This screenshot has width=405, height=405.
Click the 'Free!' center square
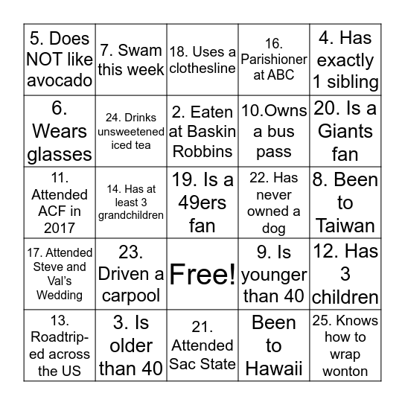coord(202,274)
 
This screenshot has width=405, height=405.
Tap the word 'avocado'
coord(60,82)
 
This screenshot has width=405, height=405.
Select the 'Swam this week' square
coord(132,60)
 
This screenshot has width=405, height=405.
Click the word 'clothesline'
coord(202,68)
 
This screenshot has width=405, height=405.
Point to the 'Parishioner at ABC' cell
coord(274,60)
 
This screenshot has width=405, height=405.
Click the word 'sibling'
coord(345,82)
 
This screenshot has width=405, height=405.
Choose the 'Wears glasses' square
coord(60,131)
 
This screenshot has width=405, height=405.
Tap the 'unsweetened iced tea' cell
coord(132,131)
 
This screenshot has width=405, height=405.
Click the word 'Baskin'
coord(202,131)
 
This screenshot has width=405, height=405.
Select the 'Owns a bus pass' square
coord(274,131)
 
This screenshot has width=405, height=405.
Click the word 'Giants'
coord(345,131)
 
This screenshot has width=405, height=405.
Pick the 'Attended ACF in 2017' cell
coord(60,202)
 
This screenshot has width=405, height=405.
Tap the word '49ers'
coord(202,202)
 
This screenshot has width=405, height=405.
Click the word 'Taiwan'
coord(345,226)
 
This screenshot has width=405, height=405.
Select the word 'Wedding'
coord(60,295)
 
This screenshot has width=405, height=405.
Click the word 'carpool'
coord(132,296)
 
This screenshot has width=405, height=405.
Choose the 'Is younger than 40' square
coord(274,274)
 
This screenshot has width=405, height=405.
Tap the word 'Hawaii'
coord(274,369)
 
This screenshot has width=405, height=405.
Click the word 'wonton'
coord(345,369)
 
